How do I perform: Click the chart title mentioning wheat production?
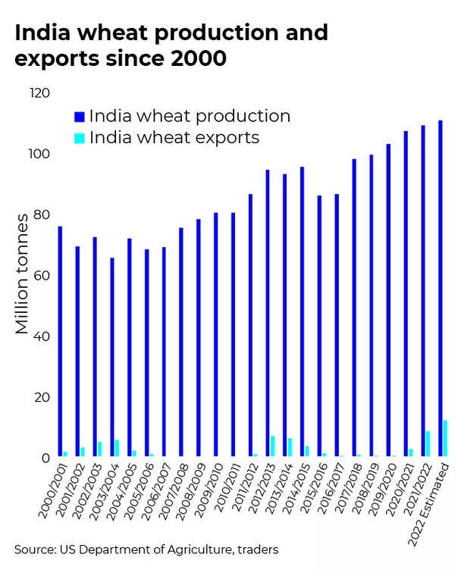[171, 45]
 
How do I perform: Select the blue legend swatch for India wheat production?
[79, 117]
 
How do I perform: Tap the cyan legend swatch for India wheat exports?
[79, 138]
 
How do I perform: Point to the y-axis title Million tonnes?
[23, 274]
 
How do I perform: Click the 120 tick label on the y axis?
[39, 93]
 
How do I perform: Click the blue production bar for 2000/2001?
[60, 341]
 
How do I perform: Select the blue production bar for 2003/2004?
[111, 357]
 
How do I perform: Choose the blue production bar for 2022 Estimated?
[440, 288]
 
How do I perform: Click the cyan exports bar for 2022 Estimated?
[445, 438]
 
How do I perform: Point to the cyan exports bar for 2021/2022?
[428, 443]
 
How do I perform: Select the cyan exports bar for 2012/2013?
[272, 446]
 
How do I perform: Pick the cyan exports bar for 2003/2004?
[117, 448]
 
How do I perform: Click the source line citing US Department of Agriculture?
[146, 548]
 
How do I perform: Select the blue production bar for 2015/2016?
[319, 326]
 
